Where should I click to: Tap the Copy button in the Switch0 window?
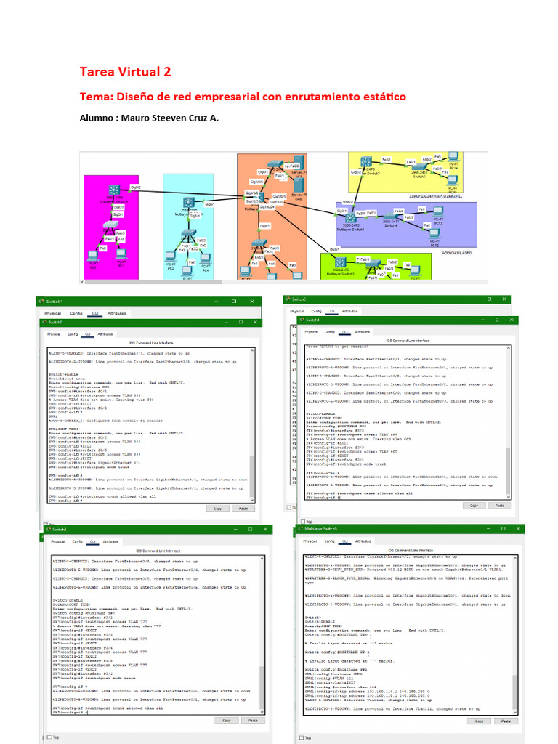click(217, 509)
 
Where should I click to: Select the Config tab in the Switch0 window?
click(73, 334)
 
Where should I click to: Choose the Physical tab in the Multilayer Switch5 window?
click(310, 541)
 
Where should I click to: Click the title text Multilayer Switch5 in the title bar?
click(321, 529)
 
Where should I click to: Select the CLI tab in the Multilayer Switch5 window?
click(347, 541)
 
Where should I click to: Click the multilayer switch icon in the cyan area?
click(189, 204)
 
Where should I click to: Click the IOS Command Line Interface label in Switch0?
click(151, 342)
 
